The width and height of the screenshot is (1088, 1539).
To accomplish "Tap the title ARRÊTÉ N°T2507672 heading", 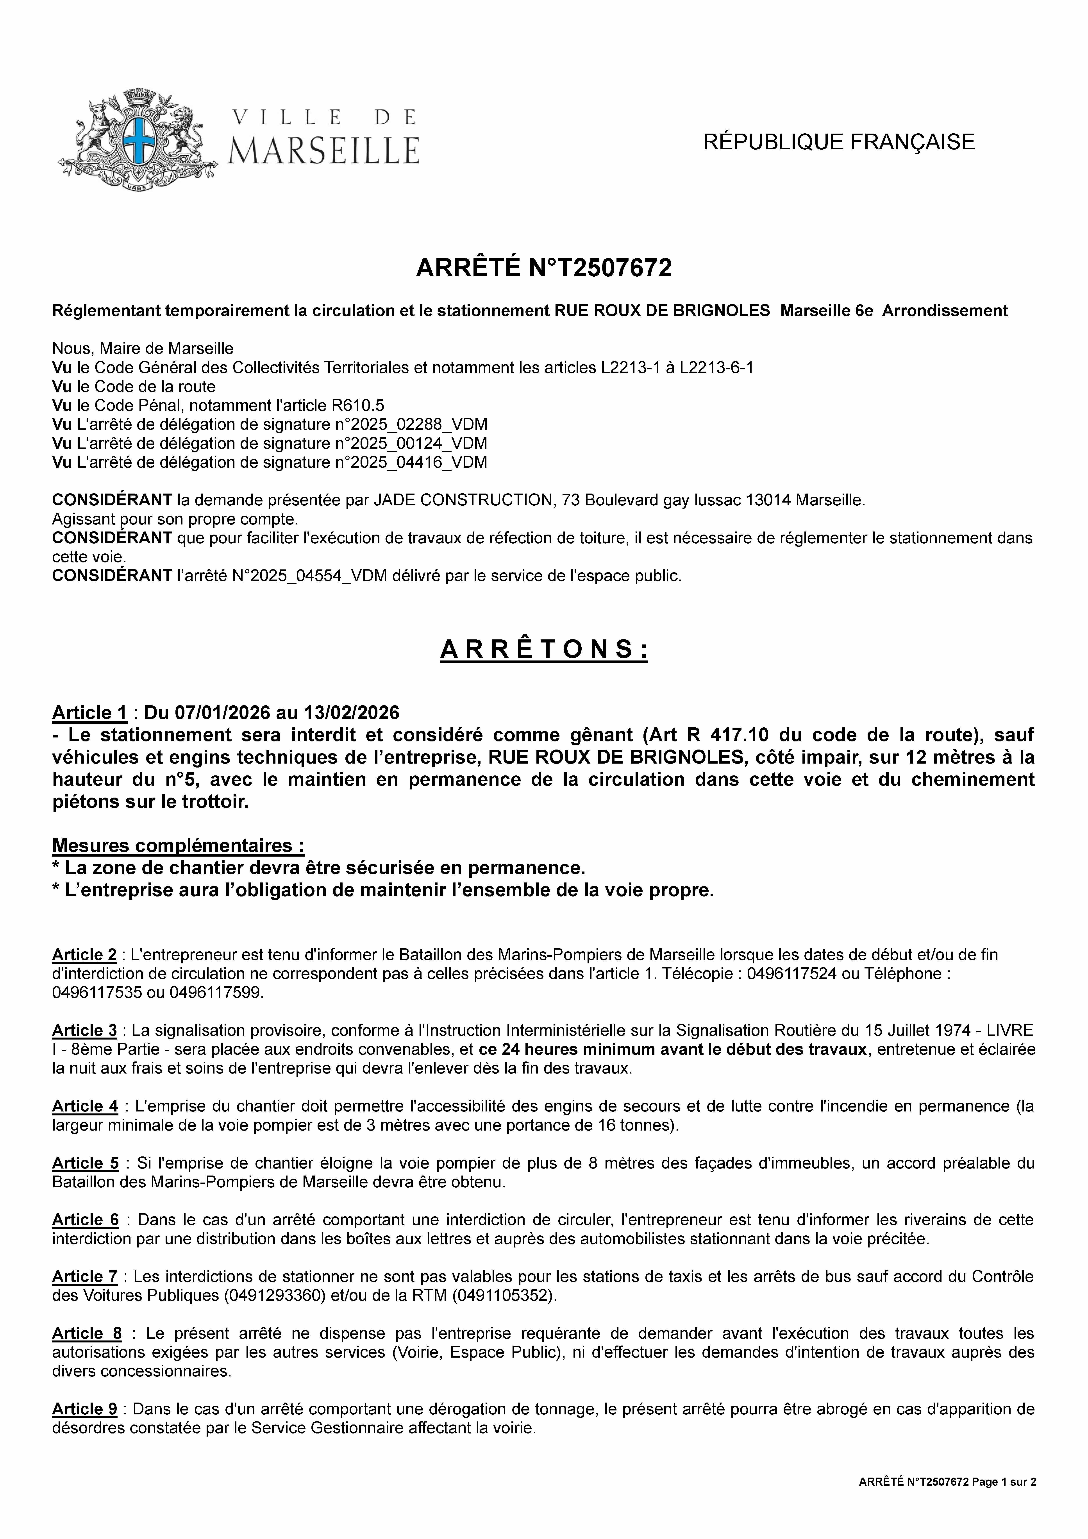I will [x=544, y=268].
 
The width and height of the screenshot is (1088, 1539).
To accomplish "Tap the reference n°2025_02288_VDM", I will [x=410, y=424].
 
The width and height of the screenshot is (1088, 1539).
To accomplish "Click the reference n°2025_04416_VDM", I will [x=410, y=462].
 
